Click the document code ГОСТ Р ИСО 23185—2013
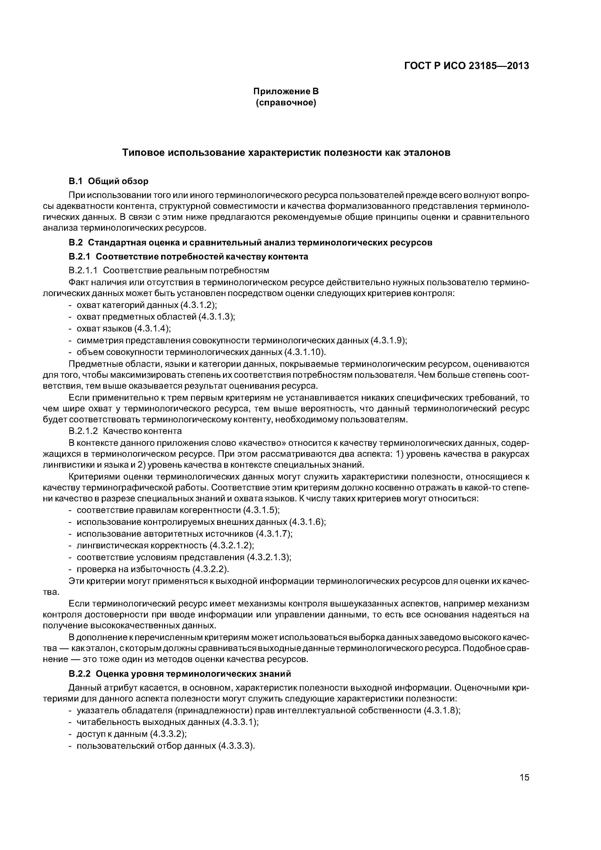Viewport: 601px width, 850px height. click(x=466, y=66)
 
